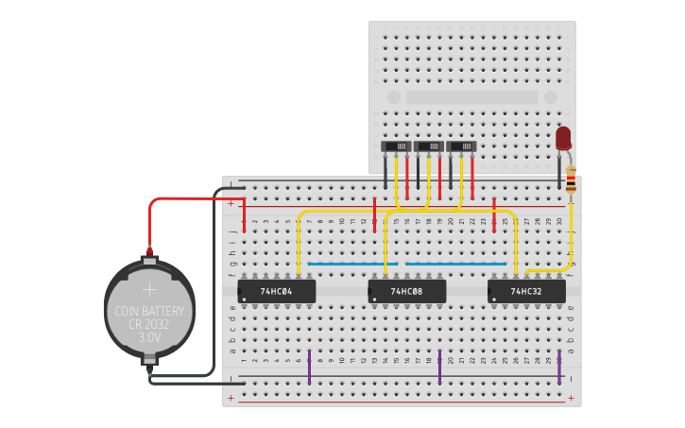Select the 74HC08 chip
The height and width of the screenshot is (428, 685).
point(406,291)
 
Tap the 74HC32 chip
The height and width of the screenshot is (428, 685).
point(526,291)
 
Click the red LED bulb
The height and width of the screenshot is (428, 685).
point(563,138)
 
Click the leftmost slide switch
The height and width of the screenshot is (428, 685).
point(396,146)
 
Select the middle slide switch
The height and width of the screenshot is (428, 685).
point(429,146)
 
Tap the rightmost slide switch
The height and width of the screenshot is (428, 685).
point(461,146)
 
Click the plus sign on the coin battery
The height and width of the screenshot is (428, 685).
point(149,289)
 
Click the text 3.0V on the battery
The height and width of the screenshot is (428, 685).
point(149,336)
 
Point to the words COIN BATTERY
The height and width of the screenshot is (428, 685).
point(149,311)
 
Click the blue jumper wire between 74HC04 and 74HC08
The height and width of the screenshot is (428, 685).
point(345,264)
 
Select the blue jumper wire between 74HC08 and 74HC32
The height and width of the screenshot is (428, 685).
point(457,264)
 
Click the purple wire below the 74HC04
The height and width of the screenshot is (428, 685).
point(309,367)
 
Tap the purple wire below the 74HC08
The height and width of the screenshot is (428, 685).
point(439,367)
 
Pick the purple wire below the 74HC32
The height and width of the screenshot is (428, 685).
point(559,367)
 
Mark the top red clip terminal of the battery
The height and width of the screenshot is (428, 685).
point(148,253)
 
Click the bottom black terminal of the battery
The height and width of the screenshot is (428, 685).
point(148,360)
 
